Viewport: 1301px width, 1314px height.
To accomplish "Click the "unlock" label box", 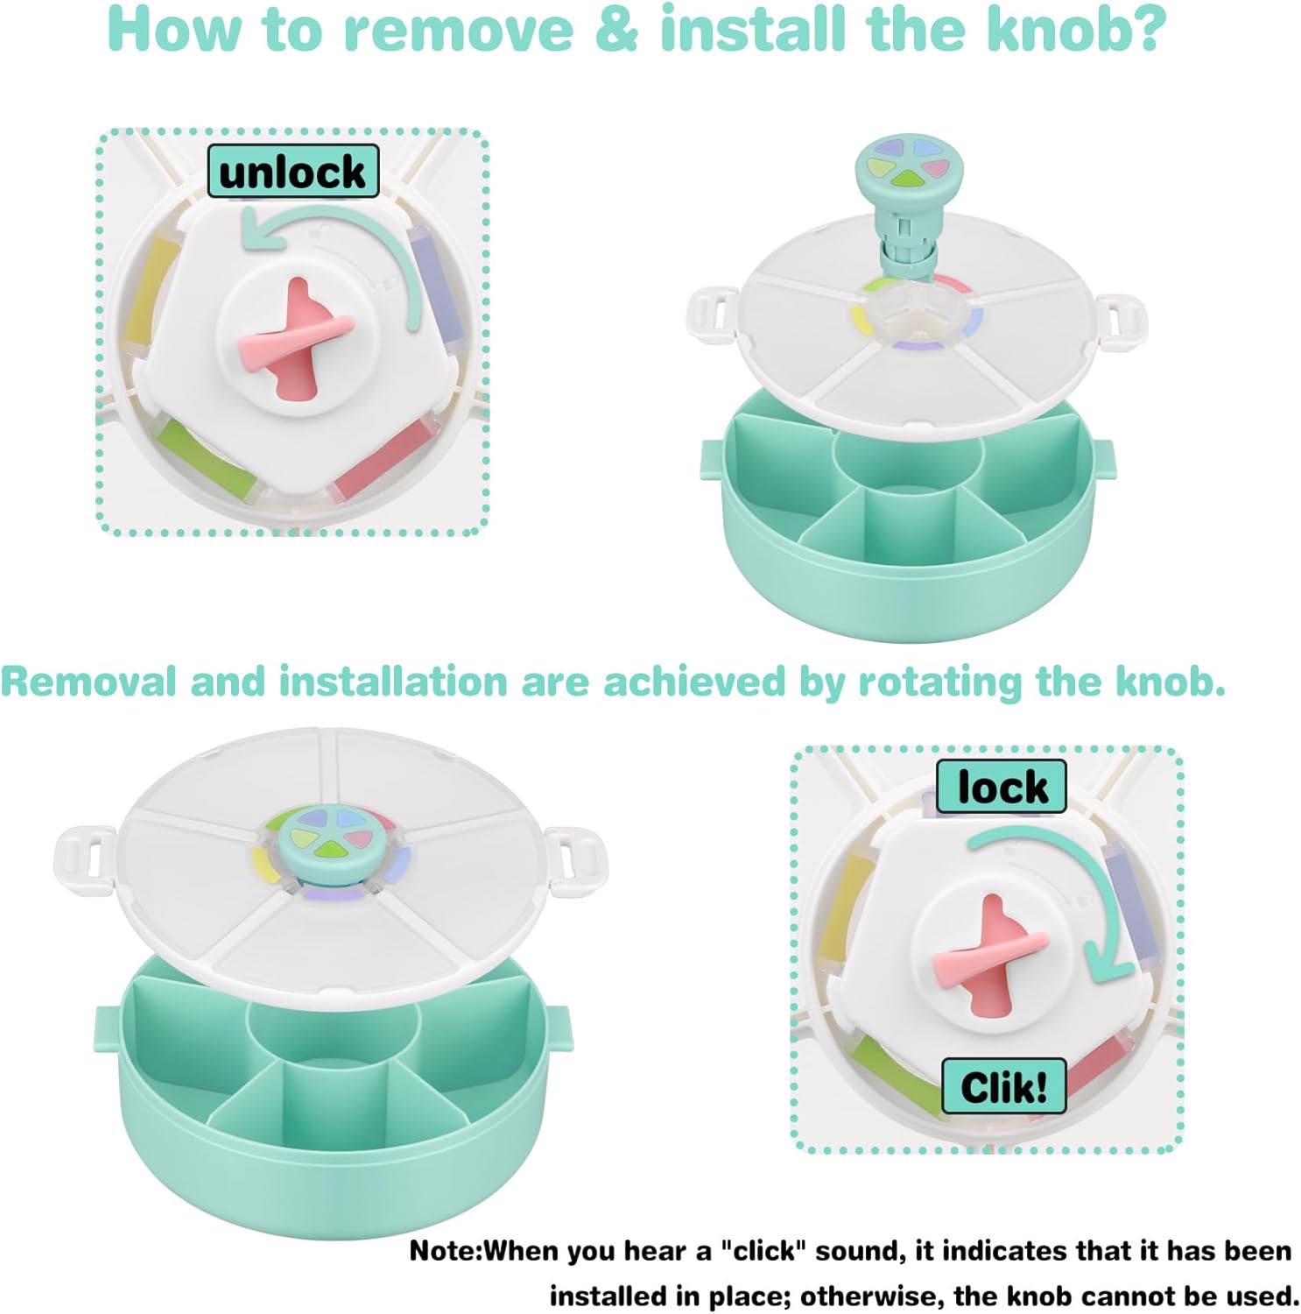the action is pyautogui.click(x=293, y=171).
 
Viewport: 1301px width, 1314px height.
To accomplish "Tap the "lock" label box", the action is pyautogui.click(x=1002, y=786).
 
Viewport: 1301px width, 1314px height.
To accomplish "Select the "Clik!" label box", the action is pyautogui.click(x=1004, y=1086).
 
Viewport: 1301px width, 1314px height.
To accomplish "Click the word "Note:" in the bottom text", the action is pyautogui.click(x=446, y=1250).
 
